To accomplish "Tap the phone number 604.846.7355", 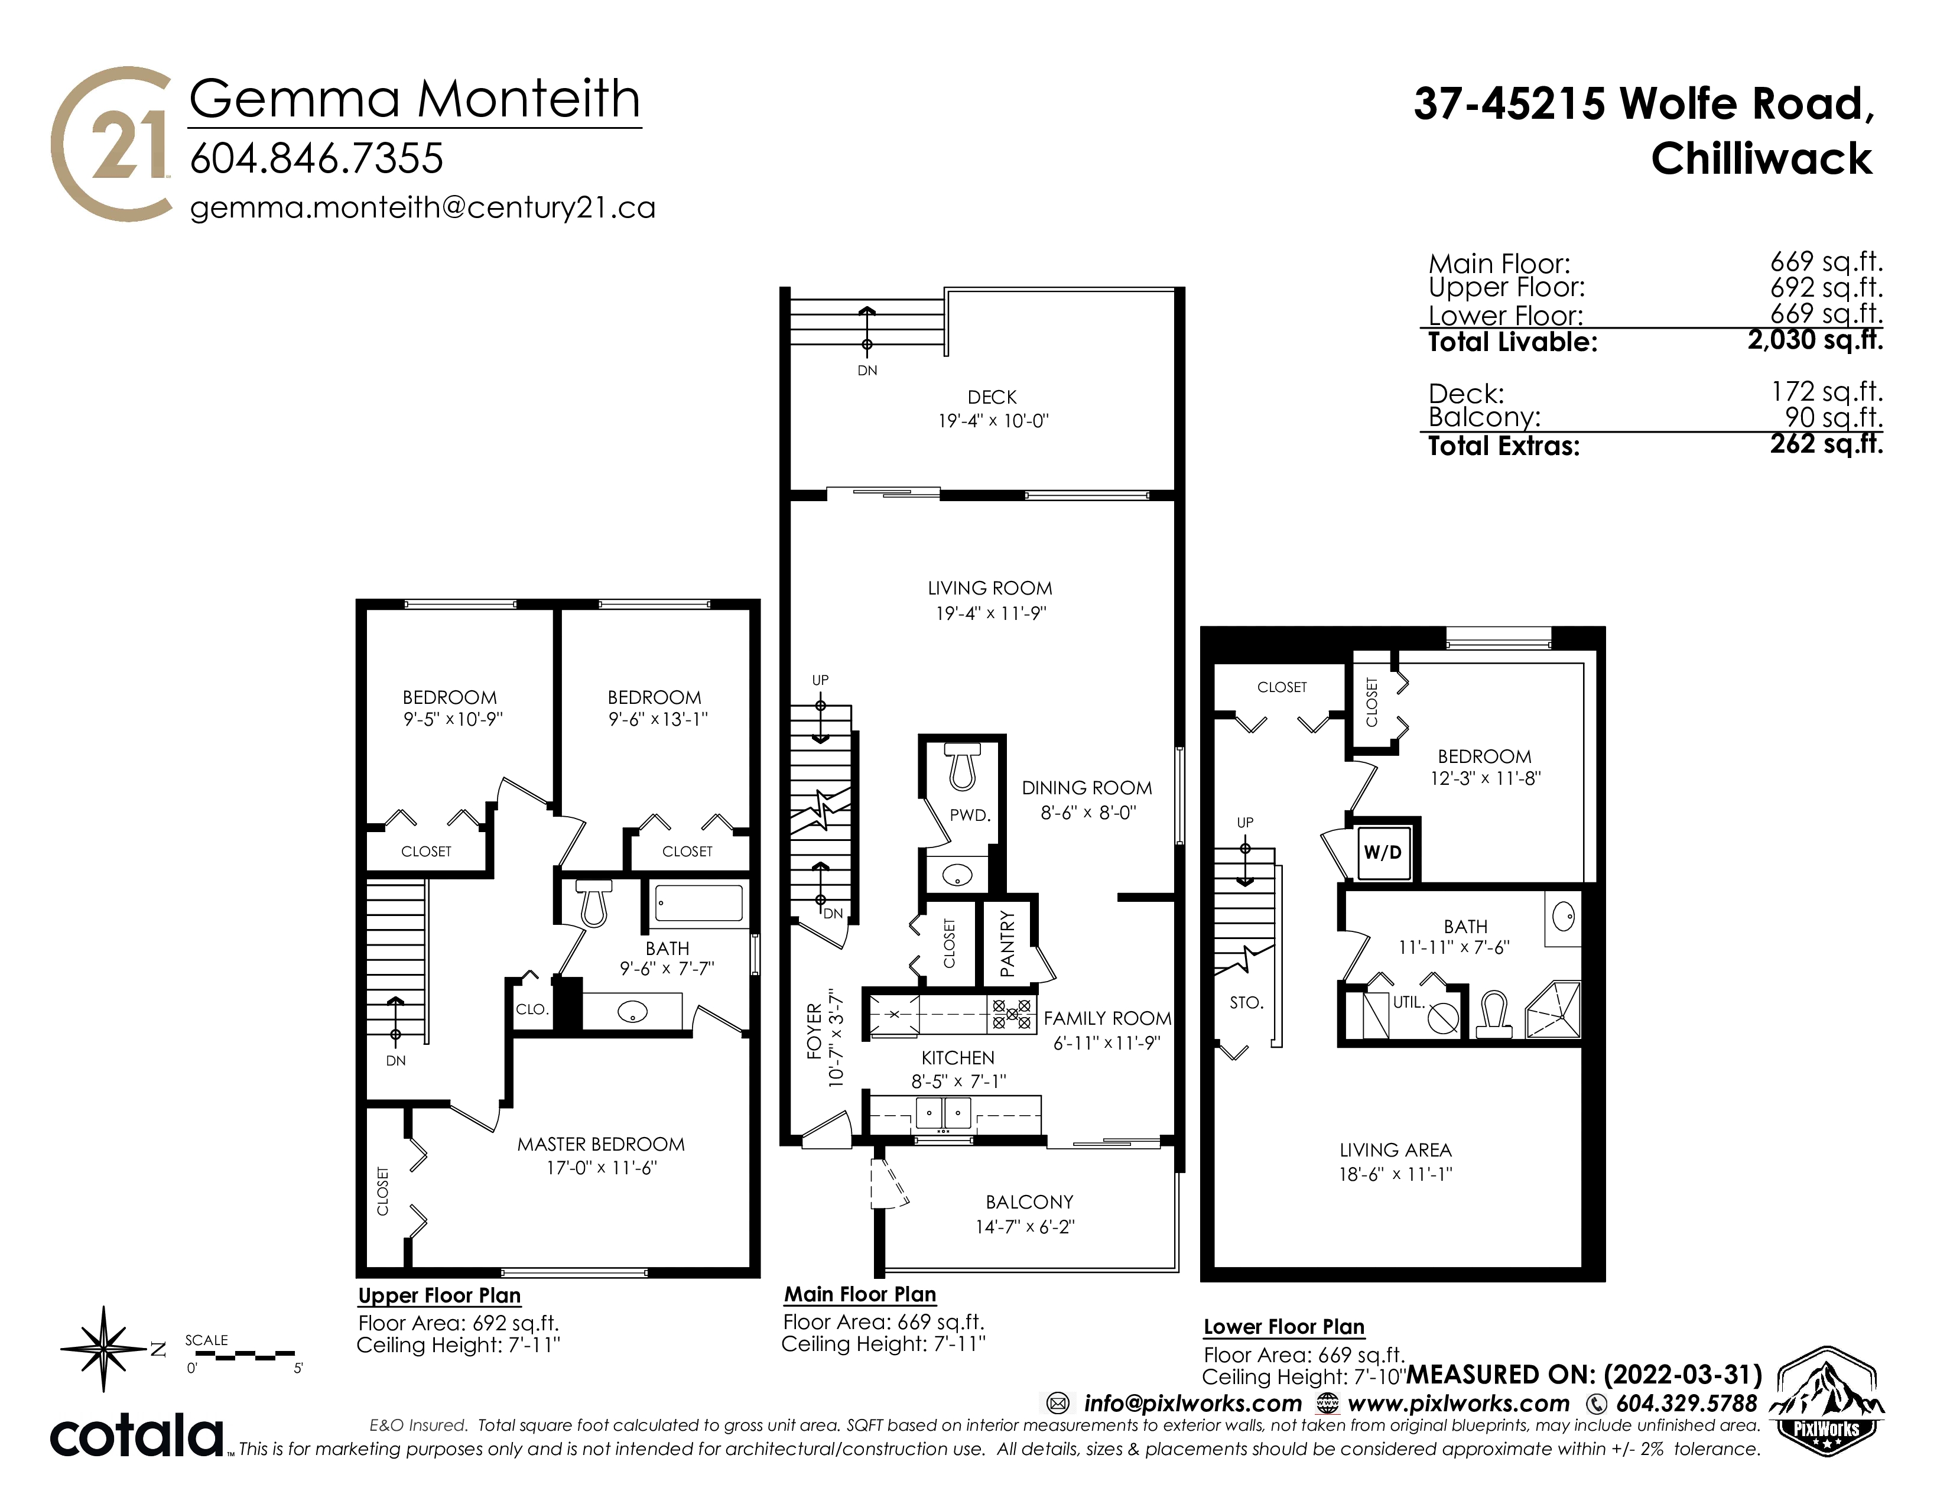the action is tap(317, 160).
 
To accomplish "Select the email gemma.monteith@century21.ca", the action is tap(423, 208).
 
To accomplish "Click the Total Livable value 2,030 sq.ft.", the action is tap(1815, 340).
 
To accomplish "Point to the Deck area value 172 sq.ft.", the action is tap(1826, 391).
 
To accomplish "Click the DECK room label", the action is tap(992, 397).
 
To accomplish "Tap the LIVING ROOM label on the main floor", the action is tap(990, 589).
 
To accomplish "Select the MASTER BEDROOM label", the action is tap(601, 1145).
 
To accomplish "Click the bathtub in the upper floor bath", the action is tap(699, 902).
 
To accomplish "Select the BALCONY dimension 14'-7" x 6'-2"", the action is tap(1025, 1227).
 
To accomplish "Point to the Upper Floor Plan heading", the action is tap(439, 1295).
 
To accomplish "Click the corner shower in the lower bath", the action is tap(1553, 1010).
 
